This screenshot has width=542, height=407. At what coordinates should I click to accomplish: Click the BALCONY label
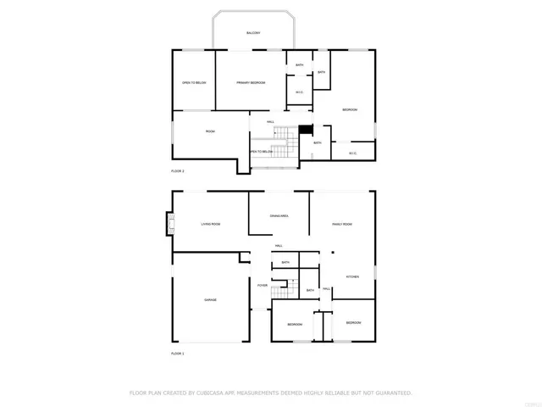(253, 33)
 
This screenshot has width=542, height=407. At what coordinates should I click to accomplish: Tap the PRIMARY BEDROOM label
(251, 83)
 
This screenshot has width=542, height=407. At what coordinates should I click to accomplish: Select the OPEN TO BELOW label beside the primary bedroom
(194, 83)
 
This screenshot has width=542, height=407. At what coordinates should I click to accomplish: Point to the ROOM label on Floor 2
(210, 132)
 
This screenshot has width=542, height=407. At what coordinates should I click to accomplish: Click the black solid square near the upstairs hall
(306, 130)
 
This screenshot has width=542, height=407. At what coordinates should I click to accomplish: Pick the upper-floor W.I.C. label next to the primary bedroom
(300, 92)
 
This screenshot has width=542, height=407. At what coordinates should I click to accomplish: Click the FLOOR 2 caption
(178, 171)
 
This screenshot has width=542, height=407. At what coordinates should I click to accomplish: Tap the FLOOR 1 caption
(178, 353)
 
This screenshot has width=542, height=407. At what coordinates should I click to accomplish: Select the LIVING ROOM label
(210, 224)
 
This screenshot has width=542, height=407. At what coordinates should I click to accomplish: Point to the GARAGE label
(210, 300)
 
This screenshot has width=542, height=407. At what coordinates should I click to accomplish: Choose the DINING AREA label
(279, 218)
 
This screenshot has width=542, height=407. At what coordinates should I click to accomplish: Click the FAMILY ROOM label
(341, 224)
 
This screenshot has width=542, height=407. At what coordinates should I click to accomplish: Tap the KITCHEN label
(352, 277)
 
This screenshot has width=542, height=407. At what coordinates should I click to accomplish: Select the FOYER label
(263, 286)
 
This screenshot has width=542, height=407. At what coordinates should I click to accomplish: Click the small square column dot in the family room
(333, 253)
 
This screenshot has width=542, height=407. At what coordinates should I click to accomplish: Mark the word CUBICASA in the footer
(213, 393)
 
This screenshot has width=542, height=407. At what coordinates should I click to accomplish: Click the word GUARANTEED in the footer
(390, 393)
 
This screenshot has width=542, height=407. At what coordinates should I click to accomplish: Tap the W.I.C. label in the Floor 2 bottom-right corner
(352, 153)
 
